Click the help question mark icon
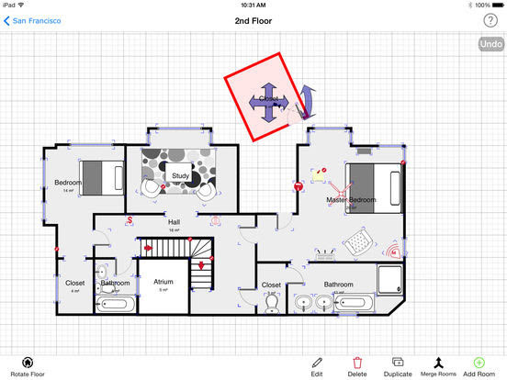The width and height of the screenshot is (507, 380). tap(490, 20)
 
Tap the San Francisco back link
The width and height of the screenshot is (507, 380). tap(33, 20)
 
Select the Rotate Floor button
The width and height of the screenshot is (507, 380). tap(28, 367)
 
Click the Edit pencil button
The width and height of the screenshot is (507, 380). tap(317, 367)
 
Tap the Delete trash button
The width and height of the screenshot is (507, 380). tap(357, 367)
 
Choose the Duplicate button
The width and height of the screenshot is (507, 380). tap(398, 367)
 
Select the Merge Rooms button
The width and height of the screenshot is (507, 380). tap(438, 367)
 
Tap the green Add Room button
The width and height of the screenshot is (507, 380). tap(479, 367)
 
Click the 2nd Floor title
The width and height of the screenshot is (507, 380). tap(253, 20)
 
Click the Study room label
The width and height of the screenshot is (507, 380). tap(180, 175)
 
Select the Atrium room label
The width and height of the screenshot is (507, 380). tap(163, 283)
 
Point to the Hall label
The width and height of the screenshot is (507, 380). tap(174, 222)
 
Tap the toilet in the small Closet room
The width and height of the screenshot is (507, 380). tap(272, 303)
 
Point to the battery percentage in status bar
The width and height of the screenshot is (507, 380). tap(484, 5)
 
